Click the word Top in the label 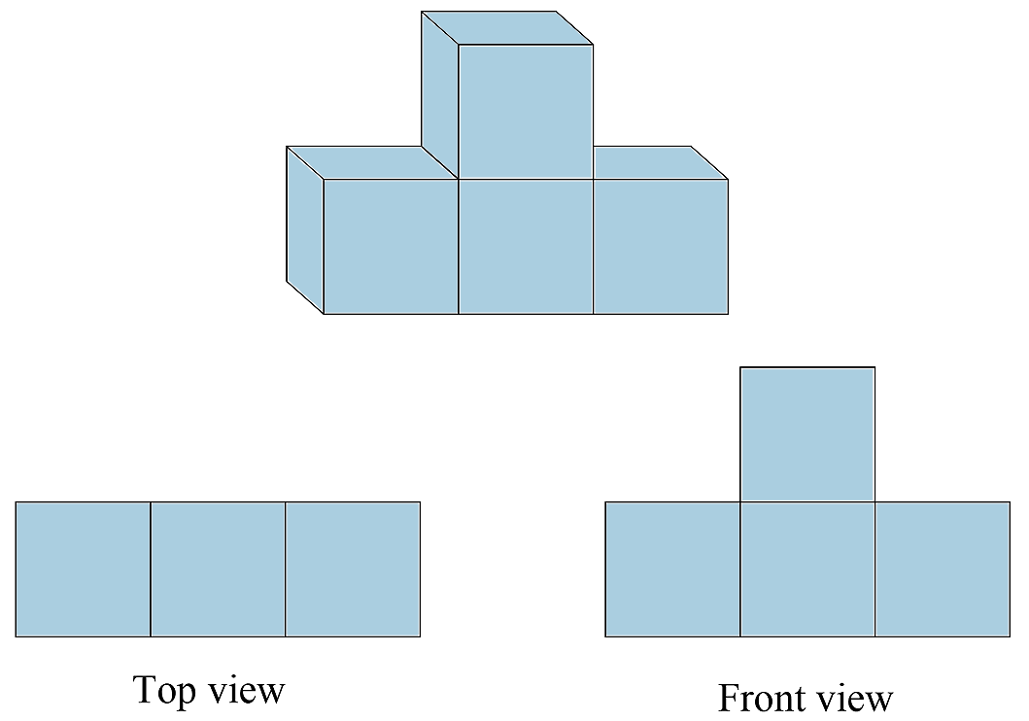pos(164,691)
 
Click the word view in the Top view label pos(246,690)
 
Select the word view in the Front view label pos(854,698)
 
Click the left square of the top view pos(83,569)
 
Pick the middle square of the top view pos(218,569)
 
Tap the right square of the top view pos(353,569)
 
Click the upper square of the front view pos(807,434)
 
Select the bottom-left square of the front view pos(672,569)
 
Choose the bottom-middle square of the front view pos(807,569)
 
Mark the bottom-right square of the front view pos(943,569)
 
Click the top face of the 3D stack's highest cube pos(507,27)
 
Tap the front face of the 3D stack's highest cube pos(526,112)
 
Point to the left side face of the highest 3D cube pos(440,95)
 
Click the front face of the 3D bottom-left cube pos(392,247)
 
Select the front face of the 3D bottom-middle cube pos(526,247)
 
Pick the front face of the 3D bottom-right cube pos(661,247)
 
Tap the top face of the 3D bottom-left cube pos(372,162)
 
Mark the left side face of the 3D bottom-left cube pos(305,230)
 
